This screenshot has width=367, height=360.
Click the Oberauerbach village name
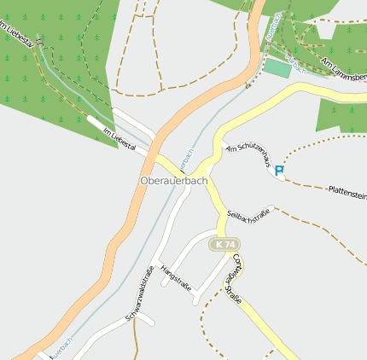173,181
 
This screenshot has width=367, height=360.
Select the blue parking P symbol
279,171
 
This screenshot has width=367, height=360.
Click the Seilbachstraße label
250,218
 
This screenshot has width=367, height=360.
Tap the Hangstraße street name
176,279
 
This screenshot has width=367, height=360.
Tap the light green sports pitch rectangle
277,67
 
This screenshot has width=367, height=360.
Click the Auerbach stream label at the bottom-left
61,345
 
